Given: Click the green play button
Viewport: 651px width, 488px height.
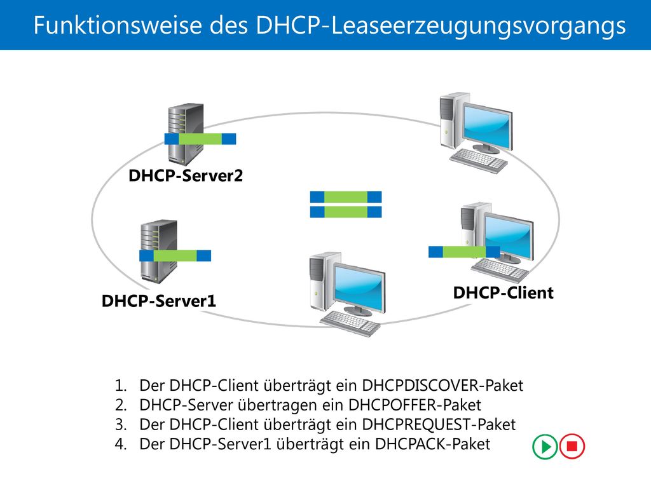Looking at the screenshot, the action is [x=545, y=447].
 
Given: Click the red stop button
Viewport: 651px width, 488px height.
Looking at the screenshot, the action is [x=572, y=447].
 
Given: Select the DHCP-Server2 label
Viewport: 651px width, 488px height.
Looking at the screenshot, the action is [x=186, y=176].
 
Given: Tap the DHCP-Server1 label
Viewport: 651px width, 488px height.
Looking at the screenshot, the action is [x=158, y=301].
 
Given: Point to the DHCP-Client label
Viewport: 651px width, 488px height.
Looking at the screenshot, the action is [x=504, y=292].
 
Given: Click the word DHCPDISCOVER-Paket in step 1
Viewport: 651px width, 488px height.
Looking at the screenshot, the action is [x=442, y=386].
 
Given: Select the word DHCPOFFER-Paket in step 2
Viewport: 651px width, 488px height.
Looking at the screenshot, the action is [x=415, y=405].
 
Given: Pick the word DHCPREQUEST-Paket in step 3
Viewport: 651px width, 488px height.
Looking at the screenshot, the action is [x=439, y=424].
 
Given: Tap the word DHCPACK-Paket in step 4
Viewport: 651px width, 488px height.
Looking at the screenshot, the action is [x=432, y=444].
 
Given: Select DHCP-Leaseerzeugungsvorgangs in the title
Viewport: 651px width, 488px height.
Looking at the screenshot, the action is [x=441, y=25].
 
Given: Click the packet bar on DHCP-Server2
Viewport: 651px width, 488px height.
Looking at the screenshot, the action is [x=200, y=139].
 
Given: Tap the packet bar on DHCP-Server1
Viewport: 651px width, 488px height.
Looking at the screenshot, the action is [x=175, y=255].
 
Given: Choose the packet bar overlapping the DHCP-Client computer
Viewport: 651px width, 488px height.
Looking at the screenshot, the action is [x=464, y=252].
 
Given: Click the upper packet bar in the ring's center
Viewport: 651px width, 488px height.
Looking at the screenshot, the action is [x=346, y=197].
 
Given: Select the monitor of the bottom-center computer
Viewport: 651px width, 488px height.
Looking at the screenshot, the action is [x=360, y=288].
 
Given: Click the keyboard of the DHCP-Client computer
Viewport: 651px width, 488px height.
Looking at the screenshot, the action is [x=500, y=269].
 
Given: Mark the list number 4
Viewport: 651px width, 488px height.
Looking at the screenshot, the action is [x=121, y=444].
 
